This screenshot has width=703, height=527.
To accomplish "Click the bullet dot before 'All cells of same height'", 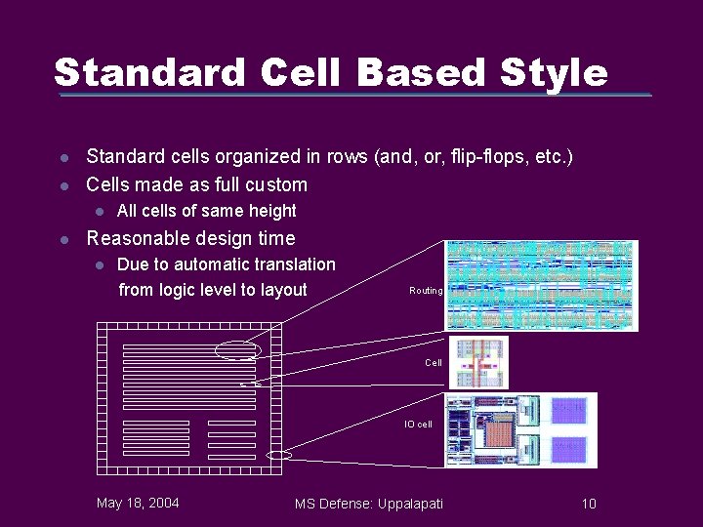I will tap(99, 211).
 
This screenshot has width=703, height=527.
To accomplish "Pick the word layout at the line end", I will tap(282, 290).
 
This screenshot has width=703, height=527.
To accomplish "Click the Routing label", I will tap(426, 291).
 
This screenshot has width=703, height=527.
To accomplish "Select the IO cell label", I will tap(418, 425).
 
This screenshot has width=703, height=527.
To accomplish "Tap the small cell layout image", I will tap(477, 362).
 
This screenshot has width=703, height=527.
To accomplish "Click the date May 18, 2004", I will tap(138, 504).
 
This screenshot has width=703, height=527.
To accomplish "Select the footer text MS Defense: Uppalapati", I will tap(369, 504).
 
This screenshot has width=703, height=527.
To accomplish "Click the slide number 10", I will tap(589, 504).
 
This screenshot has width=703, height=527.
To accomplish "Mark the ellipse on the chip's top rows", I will tap(240, 349).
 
